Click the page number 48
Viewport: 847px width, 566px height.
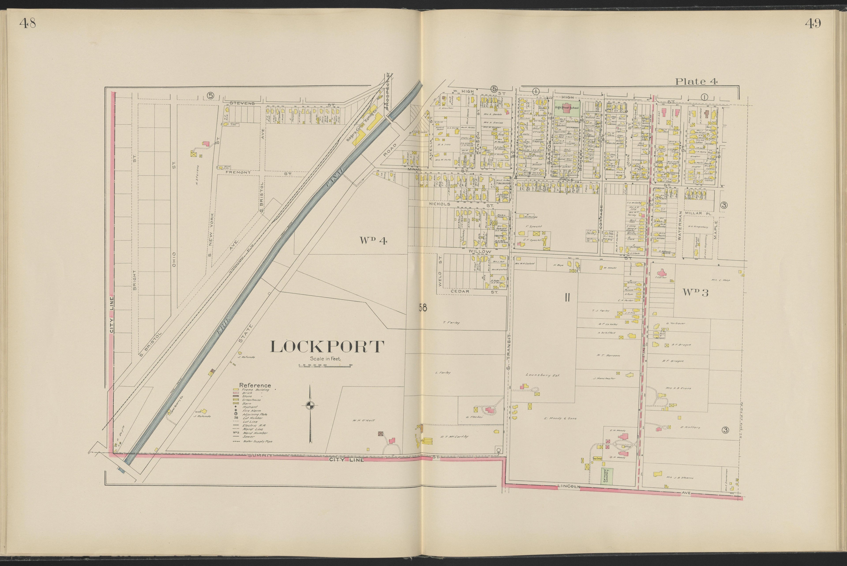coord(27,24)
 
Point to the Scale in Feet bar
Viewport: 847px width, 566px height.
coord(325,366)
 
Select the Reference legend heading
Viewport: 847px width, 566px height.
coord(255,385)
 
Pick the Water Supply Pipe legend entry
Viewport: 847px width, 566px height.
coord(253,441)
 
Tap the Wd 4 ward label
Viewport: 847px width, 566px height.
coord(373,241)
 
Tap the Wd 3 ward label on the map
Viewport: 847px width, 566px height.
coord(695,293)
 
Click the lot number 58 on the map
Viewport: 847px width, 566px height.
coord(423,308)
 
